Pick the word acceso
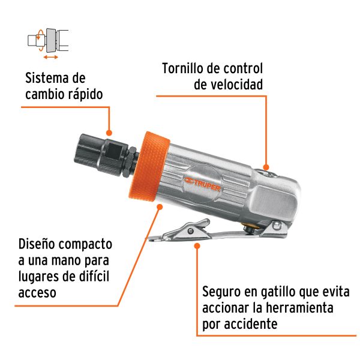coord(37,292)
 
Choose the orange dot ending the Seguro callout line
coord(197,244)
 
